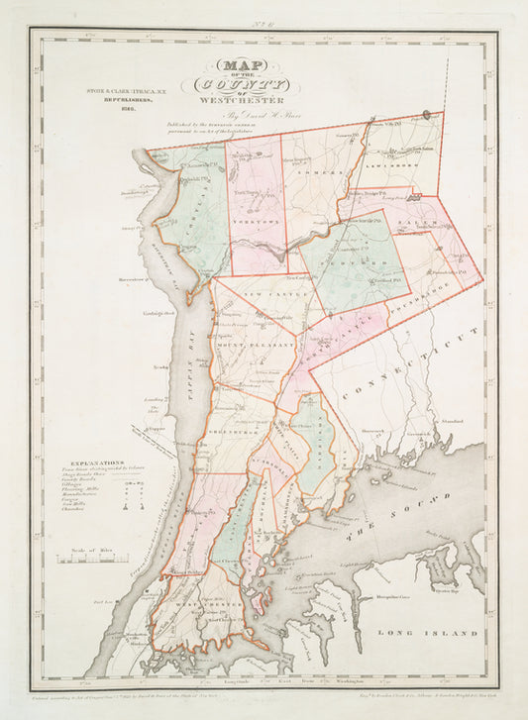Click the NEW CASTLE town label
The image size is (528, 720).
(265, 296)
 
